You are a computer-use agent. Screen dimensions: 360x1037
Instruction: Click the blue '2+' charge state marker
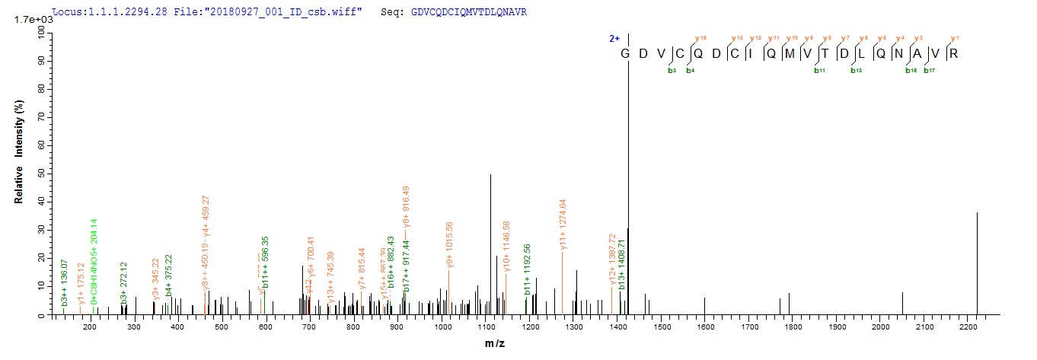pos(615,37)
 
